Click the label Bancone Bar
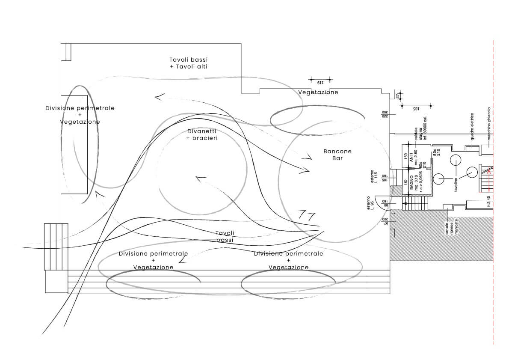pos(337,155)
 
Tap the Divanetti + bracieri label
pos(202,135)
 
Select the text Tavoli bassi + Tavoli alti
pos(189,63)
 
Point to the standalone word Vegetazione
pos(318,92)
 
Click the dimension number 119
pos(320,82)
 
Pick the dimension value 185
pos(416,109)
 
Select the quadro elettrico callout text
pos(472,126)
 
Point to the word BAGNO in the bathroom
pos(412,183)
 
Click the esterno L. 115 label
pos(375,176)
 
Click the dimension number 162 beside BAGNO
pos(405,183)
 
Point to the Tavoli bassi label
pos(225,237)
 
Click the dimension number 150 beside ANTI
pos(405,158)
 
